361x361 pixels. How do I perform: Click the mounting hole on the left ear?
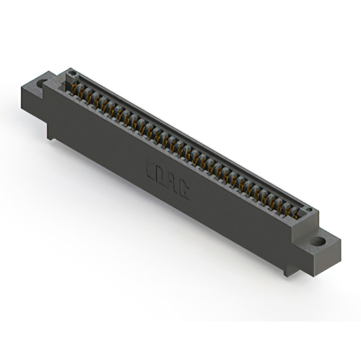42,84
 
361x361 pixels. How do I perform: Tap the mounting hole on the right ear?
318,241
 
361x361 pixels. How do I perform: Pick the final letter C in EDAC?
183,191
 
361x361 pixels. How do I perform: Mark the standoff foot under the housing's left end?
51,135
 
